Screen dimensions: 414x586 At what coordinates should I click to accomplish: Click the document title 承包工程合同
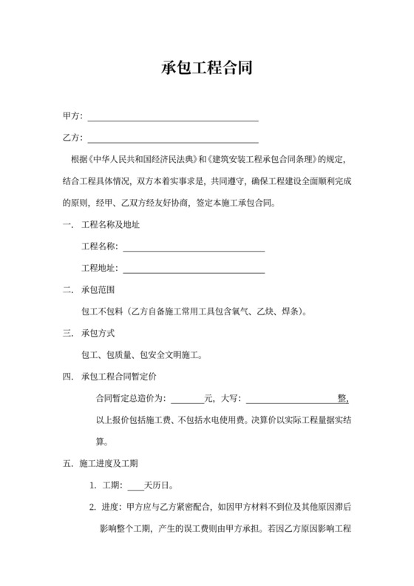[207, 69]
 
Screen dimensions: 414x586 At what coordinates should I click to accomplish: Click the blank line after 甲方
[173, 117]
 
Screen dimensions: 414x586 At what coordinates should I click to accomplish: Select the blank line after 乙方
[173, 138]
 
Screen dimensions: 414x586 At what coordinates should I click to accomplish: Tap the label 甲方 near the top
[72, 117]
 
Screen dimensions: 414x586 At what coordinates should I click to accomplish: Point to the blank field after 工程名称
[193, 247]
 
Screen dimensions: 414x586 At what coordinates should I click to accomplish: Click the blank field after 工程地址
[193, 269]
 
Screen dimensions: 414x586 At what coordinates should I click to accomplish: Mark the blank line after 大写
[291, 399]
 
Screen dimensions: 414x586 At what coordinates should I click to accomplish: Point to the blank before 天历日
[135, 486]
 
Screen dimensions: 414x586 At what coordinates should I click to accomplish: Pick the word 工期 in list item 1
[109, 486]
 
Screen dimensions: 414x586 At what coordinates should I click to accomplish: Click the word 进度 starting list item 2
[109, 508]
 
